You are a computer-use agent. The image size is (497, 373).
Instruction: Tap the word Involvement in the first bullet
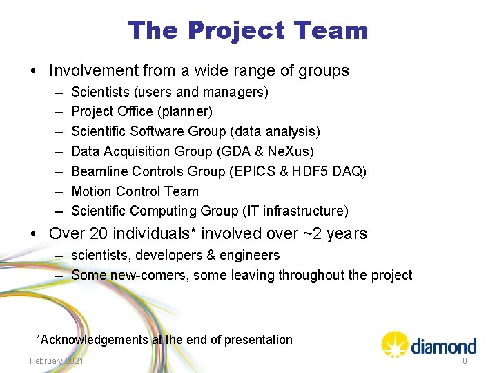pos(93,70)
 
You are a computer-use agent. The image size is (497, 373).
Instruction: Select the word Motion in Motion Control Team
pos(92,191)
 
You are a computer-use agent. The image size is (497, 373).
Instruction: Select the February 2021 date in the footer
pos(57,361)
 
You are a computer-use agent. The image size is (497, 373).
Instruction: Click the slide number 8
pos(465,361)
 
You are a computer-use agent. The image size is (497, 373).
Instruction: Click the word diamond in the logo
pos(444,346)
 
